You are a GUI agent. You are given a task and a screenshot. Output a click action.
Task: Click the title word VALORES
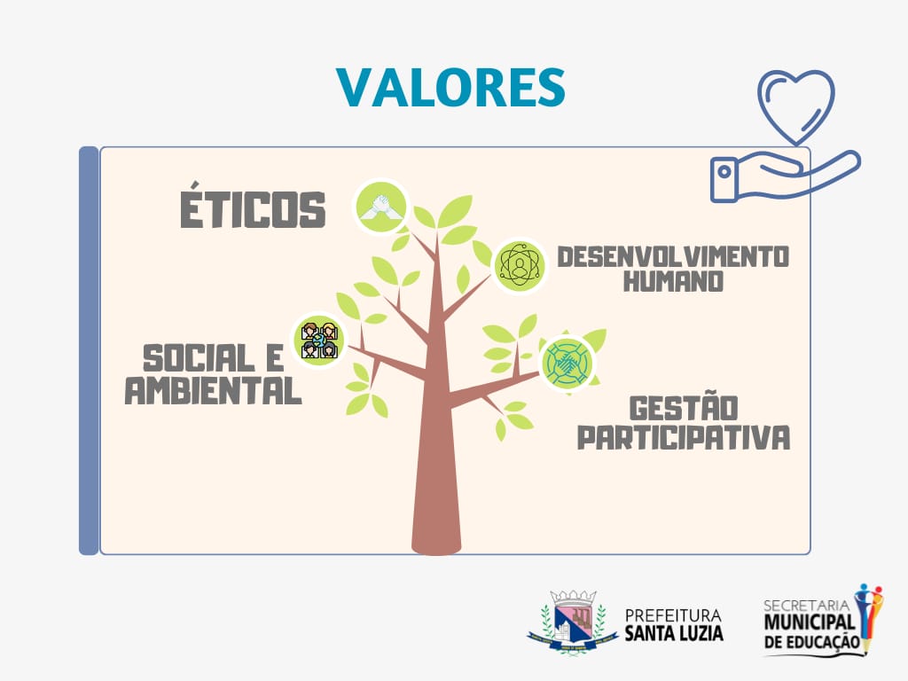[x=450, y=88]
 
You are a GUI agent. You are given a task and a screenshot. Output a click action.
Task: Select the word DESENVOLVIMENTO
[x=673, y=257]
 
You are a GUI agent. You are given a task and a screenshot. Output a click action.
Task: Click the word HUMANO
[x=673, y=281]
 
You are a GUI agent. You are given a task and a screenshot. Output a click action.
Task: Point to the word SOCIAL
[x=199, y=358]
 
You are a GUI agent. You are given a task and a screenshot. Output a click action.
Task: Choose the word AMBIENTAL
[x=213, y=390]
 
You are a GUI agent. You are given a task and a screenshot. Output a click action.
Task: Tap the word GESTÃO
[x=684, y=408]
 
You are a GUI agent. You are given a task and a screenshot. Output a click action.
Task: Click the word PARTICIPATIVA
[x=684, y=437]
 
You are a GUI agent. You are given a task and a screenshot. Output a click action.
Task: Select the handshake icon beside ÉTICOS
[x=381, y=207]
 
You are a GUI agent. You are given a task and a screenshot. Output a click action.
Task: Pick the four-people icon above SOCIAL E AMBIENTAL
[x=318, y=340]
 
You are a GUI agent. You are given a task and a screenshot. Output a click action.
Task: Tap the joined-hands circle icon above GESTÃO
[x=568, y=363]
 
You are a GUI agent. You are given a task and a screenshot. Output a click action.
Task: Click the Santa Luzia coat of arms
[x=572, y=622]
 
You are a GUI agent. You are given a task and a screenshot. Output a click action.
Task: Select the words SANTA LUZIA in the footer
[x=674, y=632]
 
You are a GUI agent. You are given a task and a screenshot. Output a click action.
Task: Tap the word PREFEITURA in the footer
[x=674, y=615]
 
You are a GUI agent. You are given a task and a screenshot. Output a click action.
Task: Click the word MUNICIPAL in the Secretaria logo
[x=810, y=623]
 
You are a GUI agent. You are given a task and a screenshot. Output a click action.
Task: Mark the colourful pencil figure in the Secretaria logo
[x=869, y=618]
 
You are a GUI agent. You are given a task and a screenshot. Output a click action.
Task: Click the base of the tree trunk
[x=436, y=545]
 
